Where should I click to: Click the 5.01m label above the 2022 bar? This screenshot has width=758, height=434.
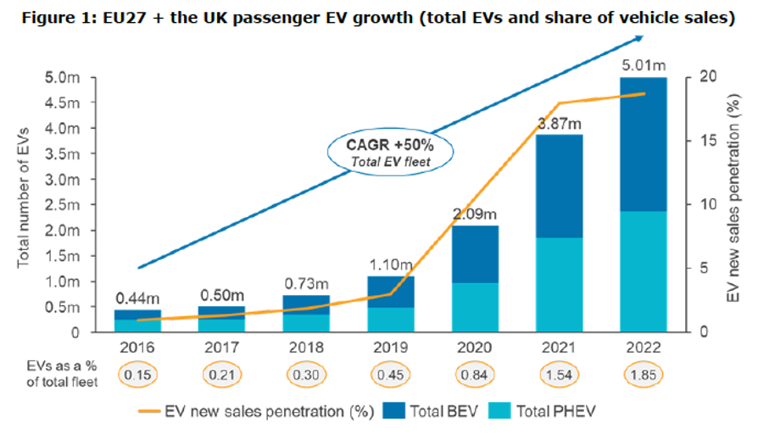pyautogui.click(x=643, y=63)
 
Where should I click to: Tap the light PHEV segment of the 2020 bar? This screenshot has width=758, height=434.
pyautogui.click(x=475, y=307)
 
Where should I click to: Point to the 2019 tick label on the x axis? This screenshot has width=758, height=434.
pyautogui.click(x=391, y=347)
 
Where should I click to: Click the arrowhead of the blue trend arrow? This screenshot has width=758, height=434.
pyautogui.click(x=638, y=38)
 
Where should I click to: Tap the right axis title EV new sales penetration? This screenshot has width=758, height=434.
pyautogui.click(x=730, y=203)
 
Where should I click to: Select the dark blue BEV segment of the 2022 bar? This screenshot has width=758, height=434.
pyautogui.click(x=643, y=144)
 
